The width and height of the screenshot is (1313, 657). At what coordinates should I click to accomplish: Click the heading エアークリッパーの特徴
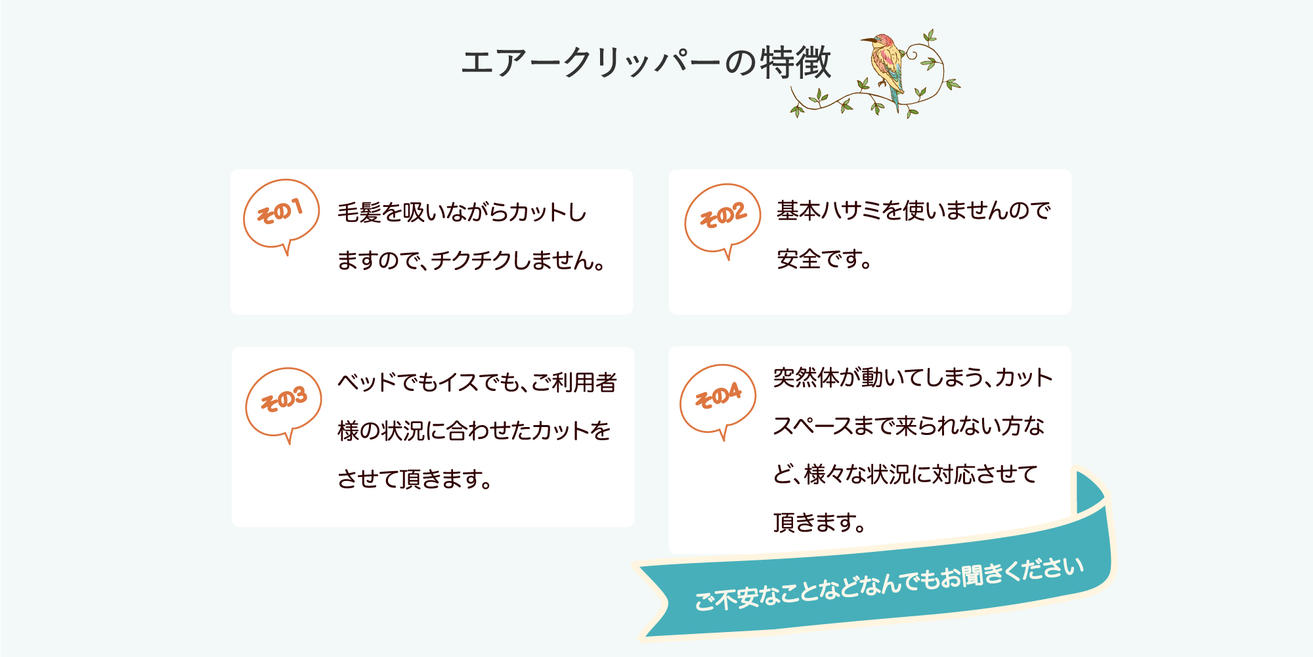pos(647,63)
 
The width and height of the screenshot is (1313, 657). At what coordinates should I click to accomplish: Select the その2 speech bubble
pos(722,218)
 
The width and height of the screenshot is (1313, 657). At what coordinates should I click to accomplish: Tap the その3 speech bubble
pos(284,402)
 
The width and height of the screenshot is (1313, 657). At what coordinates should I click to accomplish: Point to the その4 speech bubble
pos(718,399)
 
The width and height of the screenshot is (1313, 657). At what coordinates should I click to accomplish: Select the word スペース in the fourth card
pos(821,426)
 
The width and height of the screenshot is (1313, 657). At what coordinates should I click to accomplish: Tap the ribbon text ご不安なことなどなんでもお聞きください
pos(889,585)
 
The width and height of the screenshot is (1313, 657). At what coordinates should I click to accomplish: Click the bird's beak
pos(867,40)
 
